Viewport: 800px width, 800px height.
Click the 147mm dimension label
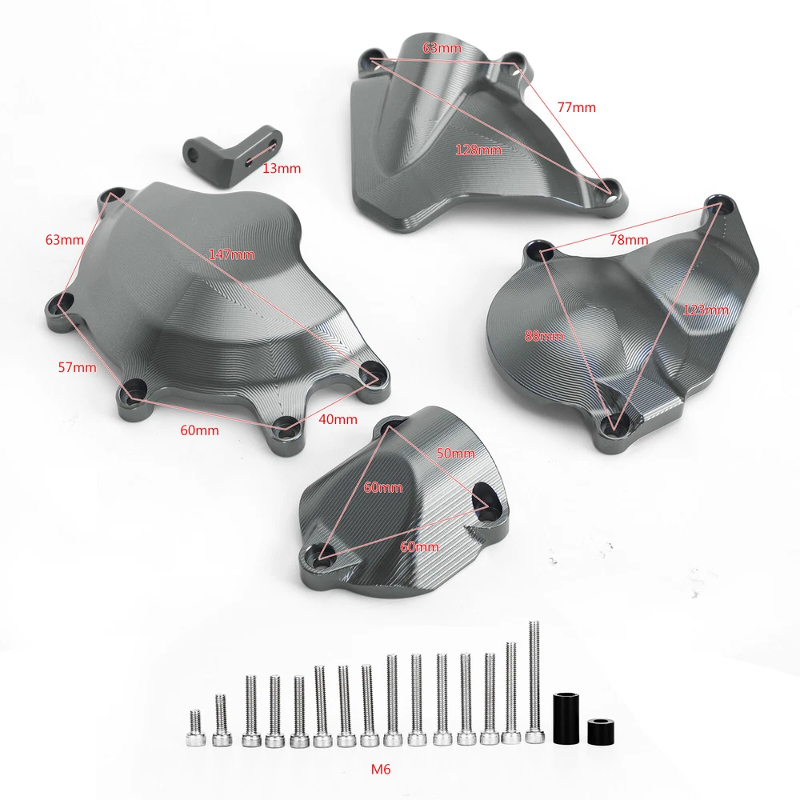(x=232, y=254)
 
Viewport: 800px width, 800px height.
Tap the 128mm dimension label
(x=478, y=150)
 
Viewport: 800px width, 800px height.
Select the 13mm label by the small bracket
(x=282, y=168)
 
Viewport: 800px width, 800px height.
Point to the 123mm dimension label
(x=706, y=310)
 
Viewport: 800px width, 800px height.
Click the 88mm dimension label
(x=544, y=336)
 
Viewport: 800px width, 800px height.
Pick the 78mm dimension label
(x=629, y=239)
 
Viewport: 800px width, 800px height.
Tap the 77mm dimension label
(x=577, y=107)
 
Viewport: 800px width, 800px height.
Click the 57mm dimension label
(x=77, y=367)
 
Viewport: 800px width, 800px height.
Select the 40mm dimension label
(x=338, y=419)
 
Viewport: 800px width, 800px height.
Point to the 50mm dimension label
(x=456, y=453)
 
